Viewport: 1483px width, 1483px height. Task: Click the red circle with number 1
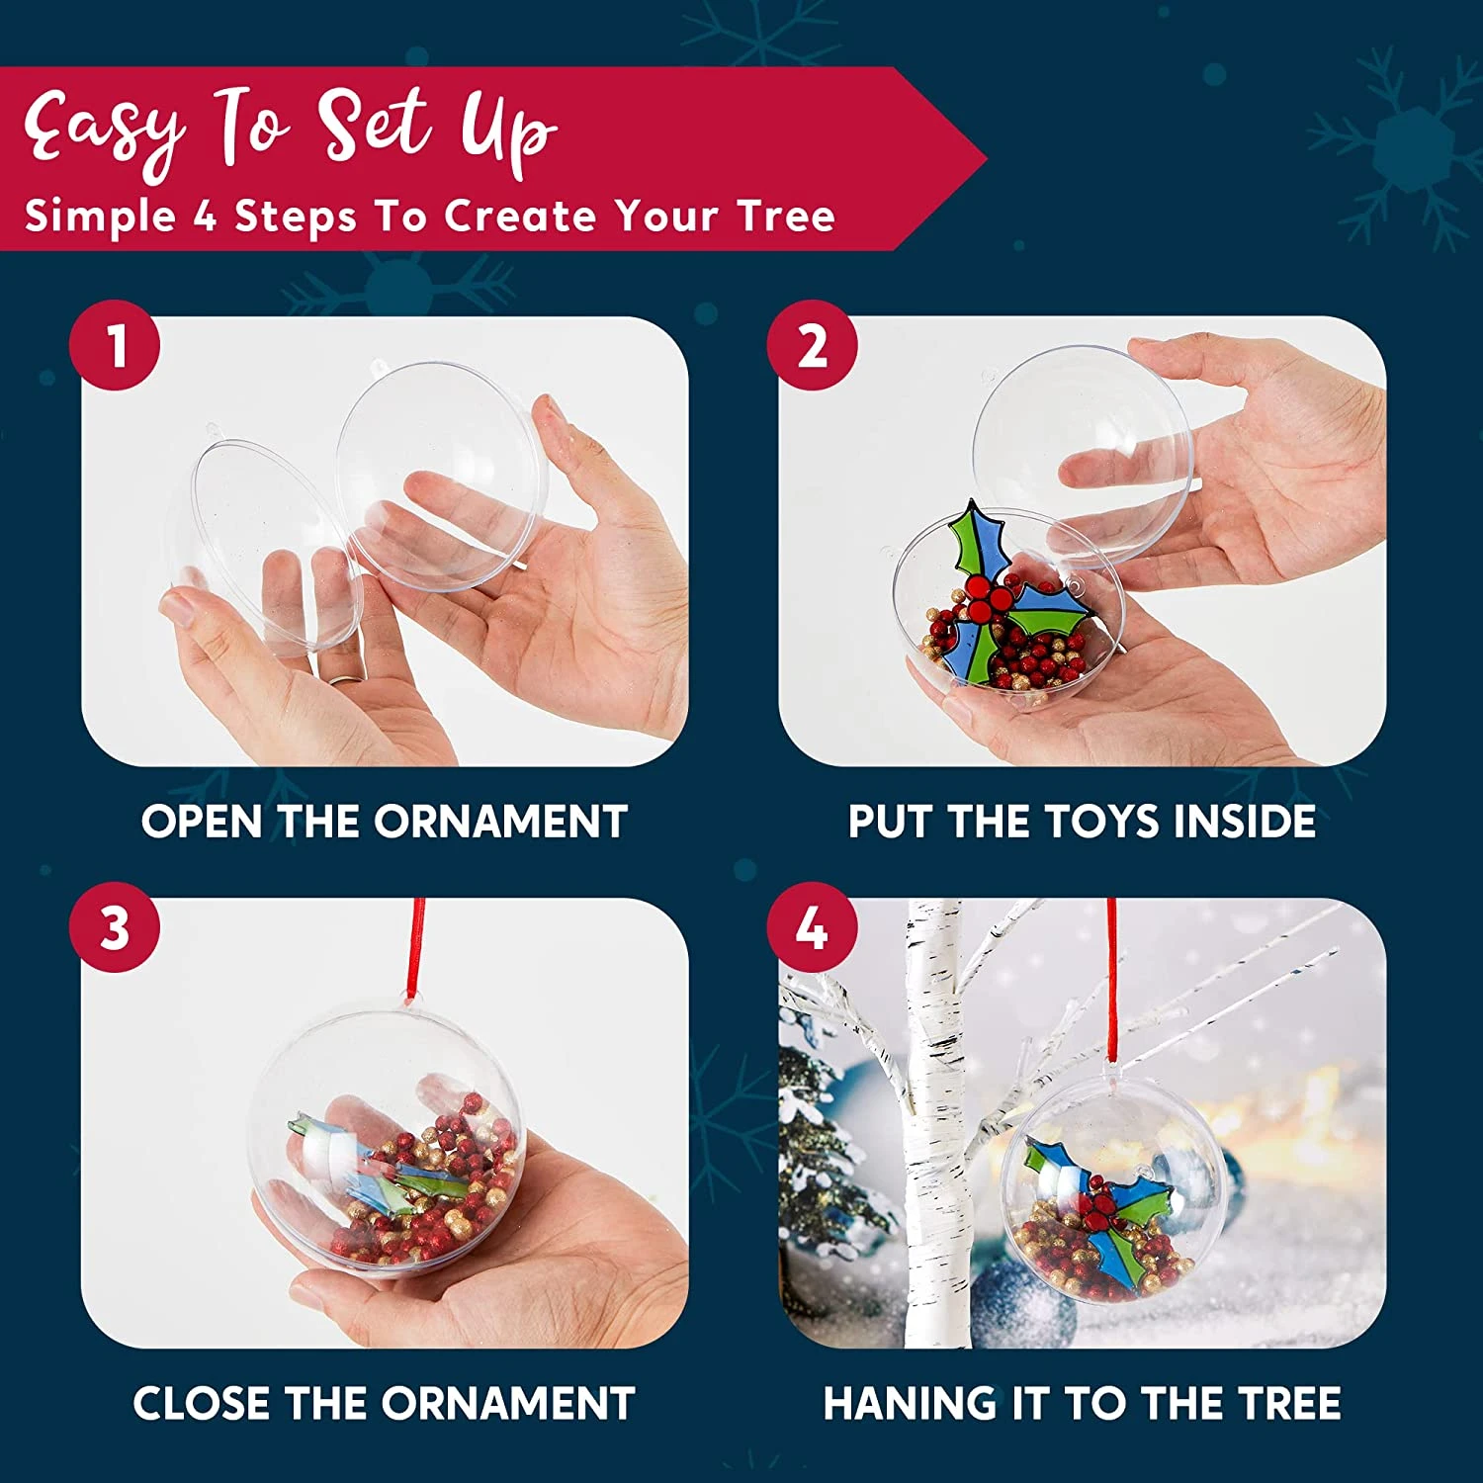pos(115,345)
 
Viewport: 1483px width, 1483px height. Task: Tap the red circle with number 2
pos(813,345)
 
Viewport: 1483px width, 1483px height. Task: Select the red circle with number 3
pos(115,927)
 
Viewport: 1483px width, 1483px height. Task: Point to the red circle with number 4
pos(813,927)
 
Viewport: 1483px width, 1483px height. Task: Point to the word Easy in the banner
pos(104,129)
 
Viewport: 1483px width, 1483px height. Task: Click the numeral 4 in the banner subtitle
pos(205,216)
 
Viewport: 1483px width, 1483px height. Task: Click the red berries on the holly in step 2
pos(990,594)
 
